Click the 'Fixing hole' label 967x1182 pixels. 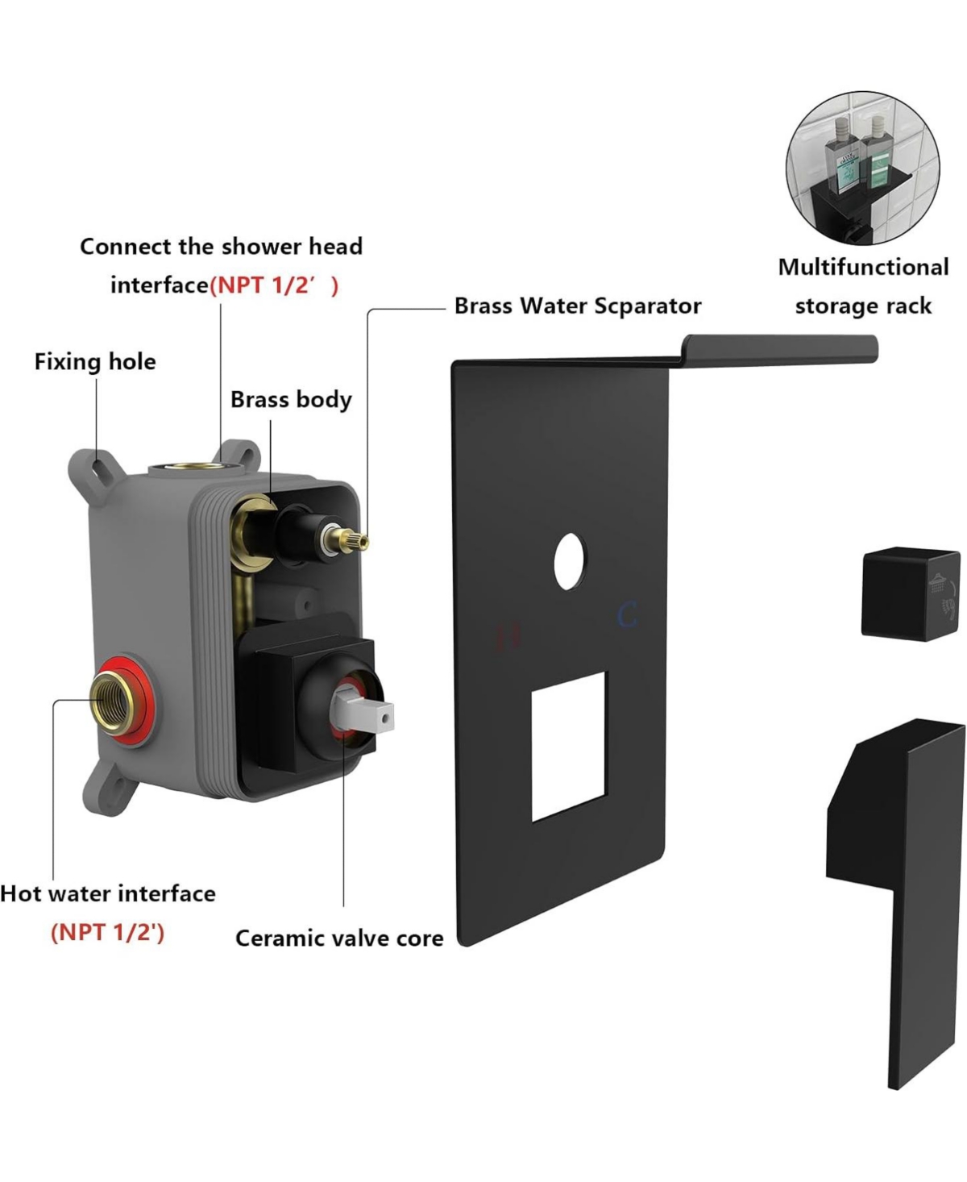click(95, 361)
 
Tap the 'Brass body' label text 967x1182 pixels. click(291, 400)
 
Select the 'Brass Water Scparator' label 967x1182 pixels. click(577, 306)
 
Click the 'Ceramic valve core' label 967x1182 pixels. click(338, 939)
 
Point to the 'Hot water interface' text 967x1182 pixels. click(108, 893)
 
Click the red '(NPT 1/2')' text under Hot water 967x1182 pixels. click(107, 933)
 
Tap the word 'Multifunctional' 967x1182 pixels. click(863, 267)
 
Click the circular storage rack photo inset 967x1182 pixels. click(862, 168)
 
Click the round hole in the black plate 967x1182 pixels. click(570, 560)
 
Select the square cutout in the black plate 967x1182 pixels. click(568, 746)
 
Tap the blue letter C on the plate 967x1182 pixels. click(627, 615)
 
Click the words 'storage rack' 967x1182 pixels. click(863, 306)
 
